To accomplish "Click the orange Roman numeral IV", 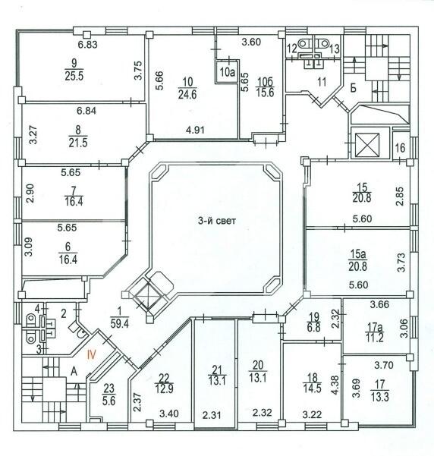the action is (x=92, y=355).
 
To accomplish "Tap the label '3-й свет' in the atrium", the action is (x=217, y=221).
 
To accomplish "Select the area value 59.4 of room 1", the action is (x=120, y=324).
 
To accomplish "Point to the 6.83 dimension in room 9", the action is (x=87, y=45).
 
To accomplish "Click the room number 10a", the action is (x=227, y=72).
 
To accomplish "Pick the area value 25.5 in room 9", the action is (x=74, y=76).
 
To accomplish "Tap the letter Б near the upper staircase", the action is (x=354, y=88).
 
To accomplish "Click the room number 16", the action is (x=400, y=148).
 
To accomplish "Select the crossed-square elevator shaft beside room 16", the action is (x=367, y=144).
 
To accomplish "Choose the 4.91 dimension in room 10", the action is (x=195, y=130).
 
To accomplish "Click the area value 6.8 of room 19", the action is (x=313, y=328).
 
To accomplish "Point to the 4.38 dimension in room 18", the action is (x=335, y=385).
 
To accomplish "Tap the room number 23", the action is (x=109, y=388).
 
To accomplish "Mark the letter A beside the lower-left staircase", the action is (x=74, y=371).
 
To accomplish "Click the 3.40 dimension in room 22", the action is (x=168, y=413).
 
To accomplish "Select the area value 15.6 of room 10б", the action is (x=265, y=93).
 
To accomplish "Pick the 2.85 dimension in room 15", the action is (x=400, y=197).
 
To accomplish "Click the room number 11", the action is (x=322, y=82).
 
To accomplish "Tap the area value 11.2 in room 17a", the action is (x=375, y=338).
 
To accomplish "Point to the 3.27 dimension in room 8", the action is (x=33, y=134).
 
